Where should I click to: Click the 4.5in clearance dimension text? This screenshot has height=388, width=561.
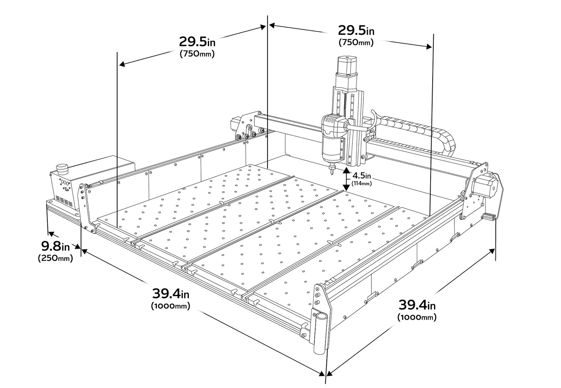pyautogui.click(x=361, y=175)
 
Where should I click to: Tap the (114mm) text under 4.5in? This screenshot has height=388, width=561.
pyautogui.click(x=361, y=183)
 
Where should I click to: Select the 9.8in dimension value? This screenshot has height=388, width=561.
pyautogui.click(x=56, y=247)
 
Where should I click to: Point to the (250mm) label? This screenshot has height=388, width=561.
pyautogui.click(x=55, y=259)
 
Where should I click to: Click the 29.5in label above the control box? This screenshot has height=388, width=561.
pyautogui.click(x=197, y=41)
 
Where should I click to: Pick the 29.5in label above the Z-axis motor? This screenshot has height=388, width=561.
pyautogui.click(x=356, y=30)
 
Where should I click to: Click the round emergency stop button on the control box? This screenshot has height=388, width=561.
pyautogui.click(x=62, y=169)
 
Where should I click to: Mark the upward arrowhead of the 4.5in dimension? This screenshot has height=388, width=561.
pyautogui.click(x=346, y=171)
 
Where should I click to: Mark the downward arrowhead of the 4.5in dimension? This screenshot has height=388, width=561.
pyautogui.click(x=346, y=188)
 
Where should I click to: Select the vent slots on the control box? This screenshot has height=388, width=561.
pyautogui.click(x=65, y=201)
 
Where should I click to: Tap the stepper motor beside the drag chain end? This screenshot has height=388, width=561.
pyautogui.click(x=484, y=186)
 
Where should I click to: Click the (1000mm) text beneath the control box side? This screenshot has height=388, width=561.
pyautogui.click(x=170, y=306)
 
